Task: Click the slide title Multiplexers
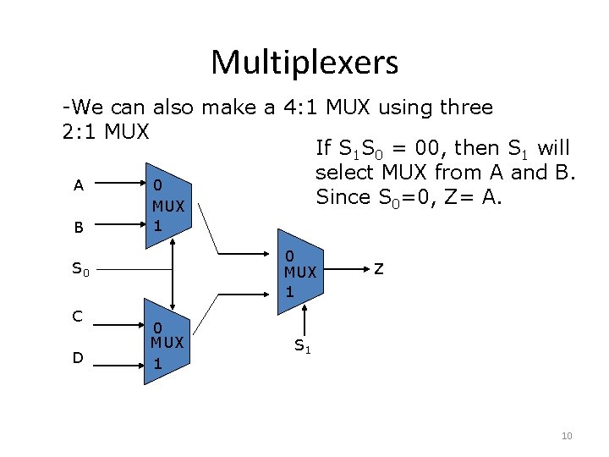[x=304, y=62]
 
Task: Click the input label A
[x=78, y=185]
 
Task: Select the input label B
[x=78, y=227]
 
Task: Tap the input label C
[x=77, y=317]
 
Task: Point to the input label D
[x=77, y=358]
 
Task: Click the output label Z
[x=379, y=269]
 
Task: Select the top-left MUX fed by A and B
[x=168, y=206]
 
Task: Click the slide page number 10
[x=567, y=436]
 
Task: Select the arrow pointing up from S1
[x=299, y=321]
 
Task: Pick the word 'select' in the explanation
[x=343, y=173]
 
